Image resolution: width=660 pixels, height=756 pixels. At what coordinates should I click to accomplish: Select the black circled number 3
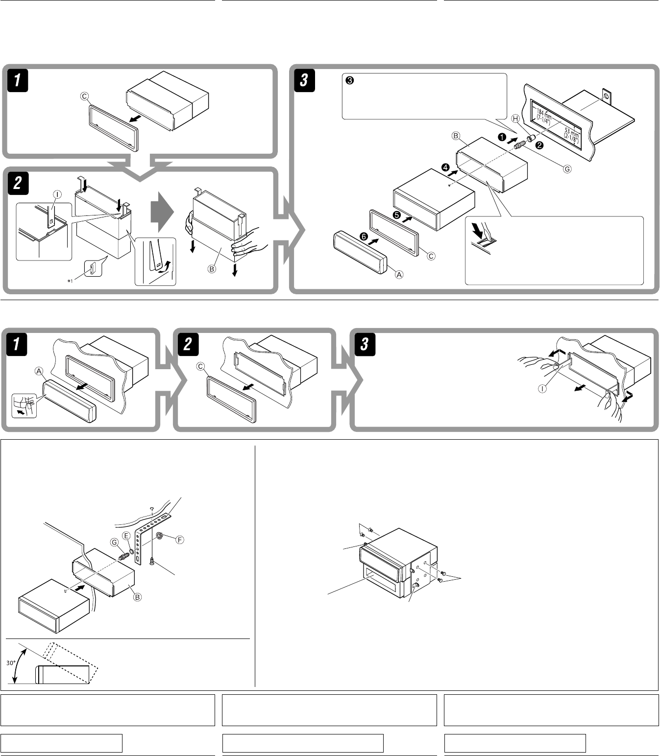coord(349,80)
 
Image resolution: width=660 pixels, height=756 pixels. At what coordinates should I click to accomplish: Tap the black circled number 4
coord(445,167)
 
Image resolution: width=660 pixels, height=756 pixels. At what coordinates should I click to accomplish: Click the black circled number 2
coord(539,145)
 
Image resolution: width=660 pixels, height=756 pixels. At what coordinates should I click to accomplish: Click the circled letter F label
coord(179,540)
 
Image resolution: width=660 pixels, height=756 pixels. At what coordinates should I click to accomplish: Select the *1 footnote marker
coord(70,281)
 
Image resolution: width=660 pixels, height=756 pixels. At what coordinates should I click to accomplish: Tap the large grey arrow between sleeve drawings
coord(162,212)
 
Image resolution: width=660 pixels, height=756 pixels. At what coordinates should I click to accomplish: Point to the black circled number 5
coord(396,214)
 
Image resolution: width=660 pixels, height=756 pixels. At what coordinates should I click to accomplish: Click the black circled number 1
coord(502,137)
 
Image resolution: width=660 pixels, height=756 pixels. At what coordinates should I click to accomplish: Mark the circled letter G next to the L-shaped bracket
coord(114,542)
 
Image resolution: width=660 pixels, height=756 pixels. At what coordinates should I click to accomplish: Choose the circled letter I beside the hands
coord(542,389)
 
